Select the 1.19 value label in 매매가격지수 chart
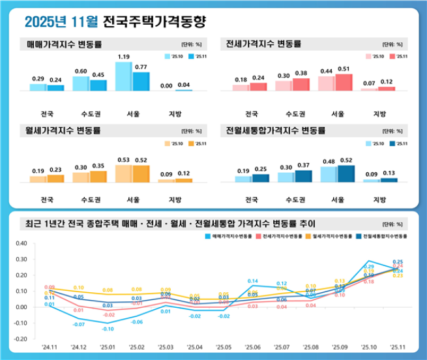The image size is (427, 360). click(x=124, y=57)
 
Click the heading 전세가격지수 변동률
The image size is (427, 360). click(x=263, y=44)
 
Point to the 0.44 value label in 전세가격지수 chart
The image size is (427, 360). click(x=326, y=71)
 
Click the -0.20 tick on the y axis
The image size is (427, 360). click(x=20, y=339)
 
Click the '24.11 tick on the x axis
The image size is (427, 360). click(x=50, y=348)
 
